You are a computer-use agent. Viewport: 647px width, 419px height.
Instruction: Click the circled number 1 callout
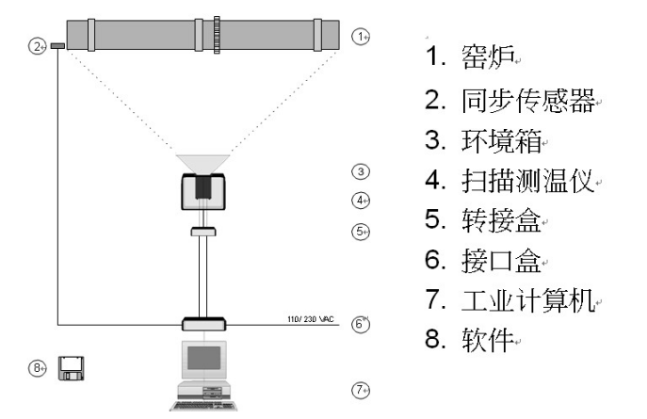click(x=359, y=36)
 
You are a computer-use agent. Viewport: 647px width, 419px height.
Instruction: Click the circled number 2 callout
click(x=37, y=45)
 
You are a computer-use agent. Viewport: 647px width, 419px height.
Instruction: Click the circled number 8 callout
click(x=39, y=368)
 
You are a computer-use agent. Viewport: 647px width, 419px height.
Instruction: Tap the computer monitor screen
click(x=202, y=359)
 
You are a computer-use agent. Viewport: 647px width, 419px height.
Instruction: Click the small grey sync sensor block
click(x=57, y=44)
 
